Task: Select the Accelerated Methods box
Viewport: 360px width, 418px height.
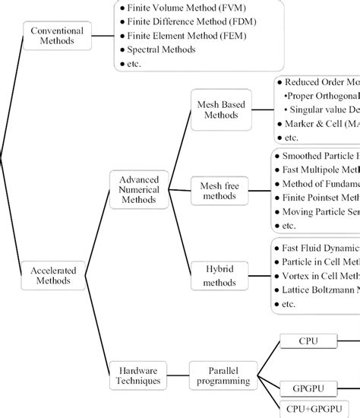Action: [x=57, y=274]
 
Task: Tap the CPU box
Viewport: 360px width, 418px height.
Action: [x=307, y=342]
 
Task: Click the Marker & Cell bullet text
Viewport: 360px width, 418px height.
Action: [x=319, y=123]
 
